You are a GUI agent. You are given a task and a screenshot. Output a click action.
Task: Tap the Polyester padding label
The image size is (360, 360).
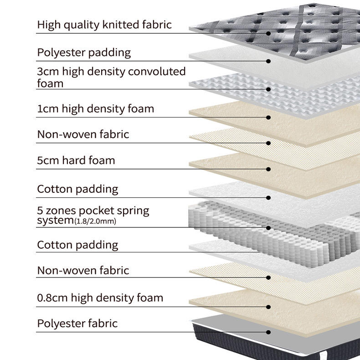(84, 52)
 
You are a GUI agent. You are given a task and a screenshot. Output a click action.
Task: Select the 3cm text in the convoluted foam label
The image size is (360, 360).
(46, 72)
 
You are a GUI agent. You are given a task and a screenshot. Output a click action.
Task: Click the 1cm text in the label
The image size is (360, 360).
(46, 109)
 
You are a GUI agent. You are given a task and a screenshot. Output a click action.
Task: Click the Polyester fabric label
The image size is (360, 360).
(77, 324)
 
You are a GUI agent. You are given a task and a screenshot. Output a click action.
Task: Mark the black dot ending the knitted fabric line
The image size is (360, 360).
(269, 33)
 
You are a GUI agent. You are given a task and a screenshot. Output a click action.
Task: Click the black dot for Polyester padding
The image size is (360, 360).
(269, 61)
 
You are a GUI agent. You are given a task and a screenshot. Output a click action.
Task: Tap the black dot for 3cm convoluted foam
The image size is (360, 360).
(269, 89)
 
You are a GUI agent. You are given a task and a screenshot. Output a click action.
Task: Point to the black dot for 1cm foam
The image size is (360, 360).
(269, 117)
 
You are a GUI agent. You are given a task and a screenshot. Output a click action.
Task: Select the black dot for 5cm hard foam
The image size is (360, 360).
(269, 169)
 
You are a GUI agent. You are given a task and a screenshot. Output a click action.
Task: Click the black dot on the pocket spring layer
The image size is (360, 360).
(269, 227)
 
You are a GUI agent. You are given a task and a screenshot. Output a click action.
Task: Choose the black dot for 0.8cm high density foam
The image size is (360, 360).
(269, 307)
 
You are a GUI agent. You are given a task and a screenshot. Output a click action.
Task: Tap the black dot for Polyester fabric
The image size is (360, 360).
(269, 332)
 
